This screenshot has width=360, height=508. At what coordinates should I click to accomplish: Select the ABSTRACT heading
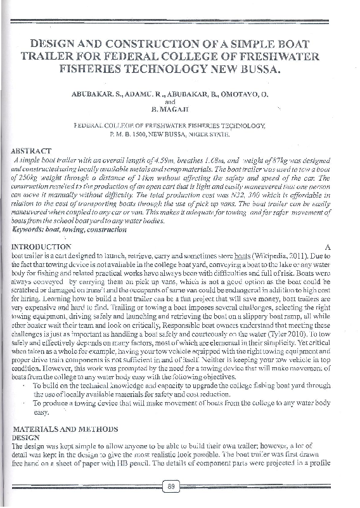[31, 151]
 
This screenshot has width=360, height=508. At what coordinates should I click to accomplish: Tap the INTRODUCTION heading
[42, 246]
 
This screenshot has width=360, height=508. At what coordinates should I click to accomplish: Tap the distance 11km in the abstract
[128, 179]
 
